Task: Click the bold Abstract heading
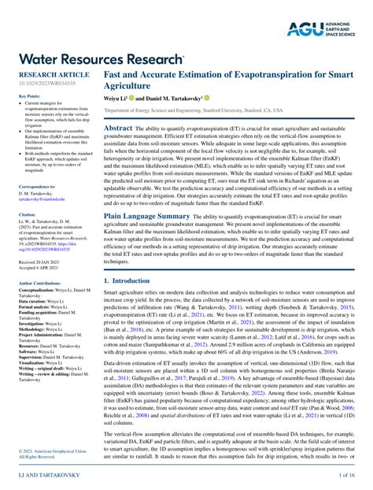point(118,127)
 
